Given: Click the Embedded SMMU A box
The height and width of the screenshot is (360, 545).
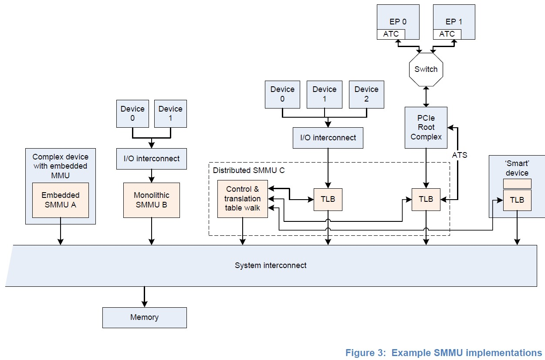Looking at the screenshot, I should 61,200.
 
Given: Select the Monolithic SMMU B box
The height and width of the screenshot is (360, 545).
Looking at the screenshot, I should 151,200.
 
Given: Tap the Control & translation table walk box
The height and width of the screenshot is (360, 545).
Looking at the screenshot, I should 243,198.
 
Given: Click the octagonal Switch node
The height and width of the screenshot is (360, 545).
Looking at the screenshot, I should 426,69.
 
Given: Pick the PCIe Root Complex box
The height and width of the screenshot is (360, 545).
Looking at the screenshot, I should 426,127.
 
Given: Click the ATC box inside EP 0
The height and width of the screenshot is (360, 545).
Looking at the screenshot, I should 391,34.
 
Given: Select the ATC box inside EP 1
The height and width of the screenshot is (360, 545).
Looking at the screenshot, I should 447,34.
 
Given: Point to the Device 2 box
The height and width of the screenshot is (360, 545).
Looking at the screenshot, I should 366,94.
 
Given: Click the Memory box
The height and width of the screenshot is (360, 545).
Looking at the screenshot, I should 144,317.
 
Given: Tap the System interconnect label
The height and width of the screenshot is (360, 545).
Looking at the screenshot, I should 271,265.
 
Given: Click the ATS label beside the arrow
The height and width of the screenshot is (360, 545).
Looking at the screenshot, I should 459,155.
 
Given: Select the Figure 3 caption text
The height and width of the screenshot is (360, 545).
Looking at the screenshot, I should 443,353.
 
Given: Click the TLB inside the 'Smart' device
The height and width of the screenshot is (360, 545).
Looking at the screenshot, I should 517,200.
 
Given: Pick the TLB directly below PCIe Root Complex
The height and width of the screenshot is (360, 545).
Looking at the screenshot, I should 426,199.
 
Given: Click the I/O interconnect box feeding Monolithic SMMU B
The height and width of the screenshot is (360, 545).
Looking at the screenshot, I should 151,159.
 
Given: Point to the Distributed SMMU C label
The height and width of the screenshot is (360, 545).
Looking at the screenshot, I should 249,170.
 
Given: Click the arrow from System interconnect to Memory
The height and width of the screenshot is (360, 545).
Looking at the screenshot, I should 144,297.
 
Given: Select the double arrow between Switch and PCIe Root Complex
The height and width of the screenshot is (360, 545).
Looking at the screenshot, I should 426,96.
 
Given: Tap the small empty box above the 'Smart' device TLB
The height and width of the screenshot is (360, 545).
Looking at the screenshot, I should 517,183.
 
